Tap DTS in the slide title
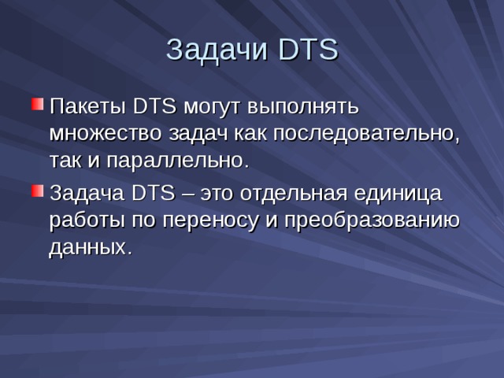point(308,50)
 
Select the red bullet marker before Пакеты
point(36,105)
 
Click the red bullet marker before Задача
point(36,191)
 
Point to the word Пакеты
point(87,106)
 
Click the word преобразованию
point(370,220)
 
